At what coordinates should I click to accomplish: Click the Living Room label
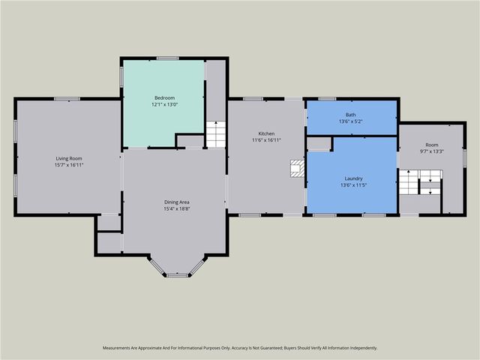point(67,158)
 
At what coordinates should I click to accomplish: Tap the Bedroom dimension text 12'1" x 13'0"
point(164,104)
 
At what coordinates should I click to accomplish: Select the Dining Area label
point(177,202)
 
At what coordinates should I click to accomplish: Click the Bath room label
point(351,115)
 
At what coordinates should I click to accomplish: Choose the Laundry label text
point(351,178)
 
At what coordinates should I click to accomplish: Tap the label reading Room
point(431,145)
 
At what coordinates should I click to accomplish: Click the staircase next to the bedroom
point(216,134)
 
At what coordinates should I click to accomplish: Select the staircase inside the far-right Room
point(419,182)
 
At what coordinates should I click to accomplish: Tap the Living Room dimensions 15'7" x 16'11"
point(67,164)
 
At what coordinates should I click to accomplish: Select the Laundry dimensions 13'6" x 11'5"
point(351,184)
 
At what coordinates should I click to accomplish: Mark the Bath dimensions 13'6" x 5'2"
point(351,121)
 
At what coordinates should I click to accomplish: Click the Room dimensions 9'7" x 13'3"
point(431,151)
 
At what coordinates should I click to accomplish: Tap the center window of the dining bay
point(177,275)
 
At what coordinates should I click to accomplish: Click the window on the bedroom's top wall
point(167,58)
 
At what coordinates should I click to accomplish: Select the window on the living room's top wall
point(67,98)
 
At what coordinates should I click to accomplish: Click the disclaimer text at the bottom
point(240,348)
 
